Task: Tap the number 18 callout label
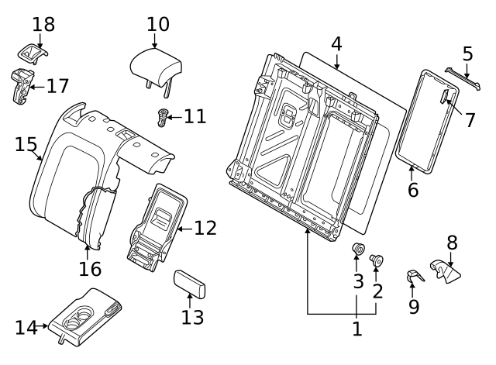[x=43, y=24]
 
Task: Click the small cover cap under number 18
[x=33, y=53]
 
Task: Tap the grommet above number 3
[x=359, y=250]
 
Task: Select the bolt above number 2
[x=377, y=261]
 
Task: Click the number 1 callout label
[x=356, y=329]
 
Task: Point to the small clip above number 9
[x=415, y=275]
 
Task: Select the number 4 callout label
[x=336, y=43]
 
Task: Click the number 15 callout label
[x=26, y=145]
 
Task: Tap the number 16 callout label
[x=90, y=269]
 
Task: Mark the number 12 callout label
[x=205, y=228]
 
